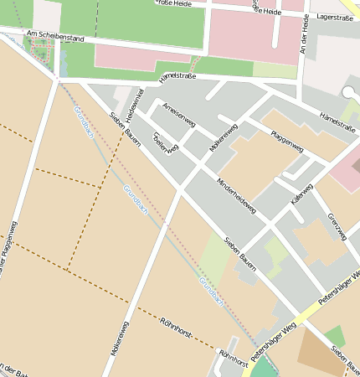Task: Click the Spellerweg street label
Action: coord(165,142)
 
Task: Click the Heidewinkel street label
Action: coord(130,103)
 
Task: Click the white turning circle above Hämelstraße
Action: coord(347,92)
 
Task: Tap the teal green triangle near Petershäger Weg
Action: coord(264,367)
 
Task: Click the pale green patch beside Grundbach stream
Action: coord(213,260)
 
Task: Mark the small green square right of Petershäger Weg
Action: coord(335,336)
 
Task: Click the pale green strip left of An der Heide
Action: coord(275,70)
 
